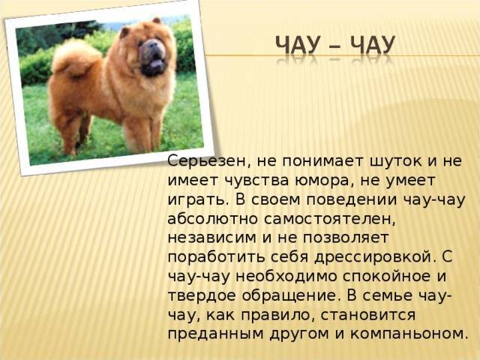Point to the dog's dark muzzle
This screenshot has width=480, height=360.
click(x=152, y=57)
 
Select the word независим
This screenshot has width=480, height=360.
click(x=211, y=238)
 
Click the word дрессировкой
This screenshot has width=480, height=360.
click(x=374, y=257)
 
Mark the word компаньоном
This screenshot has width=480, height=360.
click(x=407, y=334)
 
